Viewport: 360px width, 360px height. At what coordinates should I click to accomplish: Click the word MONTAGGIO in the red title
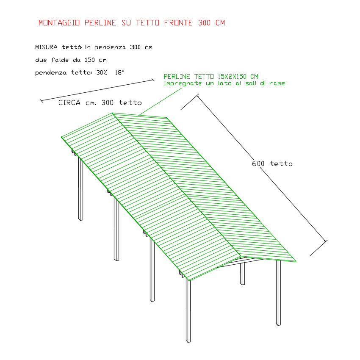[59, 23]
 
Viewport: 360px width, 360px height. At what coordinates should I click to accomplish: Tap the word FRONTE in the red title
[178, 23]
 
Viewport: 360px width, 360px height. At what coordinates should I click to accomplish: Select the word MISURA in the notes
[46, 47]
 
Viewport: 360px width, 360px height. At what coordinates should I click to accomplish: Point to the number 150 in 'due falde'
[89, 60]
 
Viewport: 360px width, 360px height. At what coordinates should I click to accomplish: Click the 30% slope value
[102, 72]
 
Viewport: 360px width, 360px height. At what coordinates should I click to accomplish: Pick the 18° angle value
[119, 72]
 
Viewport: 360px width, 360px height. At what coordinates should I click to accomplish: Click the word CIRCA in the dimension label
[69, 102]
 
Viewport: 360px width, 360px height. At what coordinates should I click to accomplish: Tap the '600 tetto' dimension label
[272, 164]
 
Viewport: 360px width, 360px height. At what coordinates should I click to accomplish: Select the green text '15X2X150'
[232, 77]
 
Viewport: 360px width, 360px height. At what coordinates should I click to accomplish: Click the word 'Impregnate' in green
[183, 83]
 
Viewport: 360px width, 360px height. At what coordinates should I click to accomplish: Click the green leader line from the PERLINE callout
[161, 101]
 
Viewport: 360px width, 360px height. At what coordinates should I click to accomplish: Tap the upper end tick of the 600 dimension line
[197, 95]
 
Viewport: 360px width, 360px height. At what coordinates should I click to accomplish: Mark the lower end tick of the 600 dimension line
[326, 241]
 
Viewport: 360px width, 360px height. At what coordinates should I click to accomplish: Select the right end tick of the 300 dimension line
[153, 80]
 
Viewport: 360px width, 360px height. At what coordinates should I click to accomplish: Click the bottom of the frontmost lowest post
[188, 342]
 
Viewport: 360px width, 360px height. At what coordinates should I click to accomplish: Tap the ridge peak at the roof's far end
[112, 113]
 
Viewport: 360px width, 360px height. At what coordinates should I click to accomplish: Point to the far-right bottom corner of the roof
[296, 261]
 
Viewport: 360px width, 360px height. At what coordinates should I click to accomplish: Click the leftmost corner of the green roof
[61, 137]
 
